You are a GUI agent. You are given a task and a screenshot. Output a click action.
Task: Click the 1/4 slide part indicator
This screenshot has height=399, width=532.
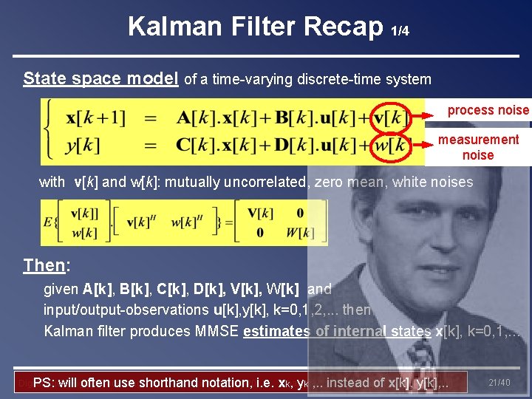[400, 31]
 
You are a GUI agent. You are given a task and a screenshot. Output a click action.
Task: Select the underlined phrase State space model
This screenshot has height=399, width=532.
[100, 78]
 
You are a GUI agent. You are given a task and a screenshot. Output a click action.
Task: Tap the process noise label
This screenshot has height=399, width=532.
[488, 110]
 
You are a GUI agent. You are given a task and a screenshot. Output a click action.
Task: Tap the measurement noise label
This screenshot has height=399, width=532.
[478, 147]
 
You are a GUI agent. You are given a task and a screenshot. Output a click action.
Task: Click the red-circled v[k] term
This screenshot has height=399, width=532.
[390, 117]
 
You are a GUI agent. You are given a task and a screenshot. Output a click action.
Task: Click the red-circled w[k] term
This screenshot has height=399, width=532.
[391, 145]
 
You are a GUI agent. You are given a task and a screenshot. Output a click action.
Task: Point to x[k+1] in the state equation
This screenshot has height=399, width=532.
[95, 117]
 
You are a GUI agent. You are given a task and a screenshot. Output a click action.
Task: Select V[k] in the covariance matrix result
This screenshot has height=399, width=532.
[260, 214]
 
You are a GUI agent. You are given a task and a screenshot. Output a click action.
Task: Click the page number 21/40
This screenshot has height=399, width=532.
[499, 382]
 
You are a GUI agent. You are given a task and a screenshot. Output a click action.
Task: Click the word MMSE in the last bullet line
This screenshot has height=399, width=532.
[218, 330]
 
